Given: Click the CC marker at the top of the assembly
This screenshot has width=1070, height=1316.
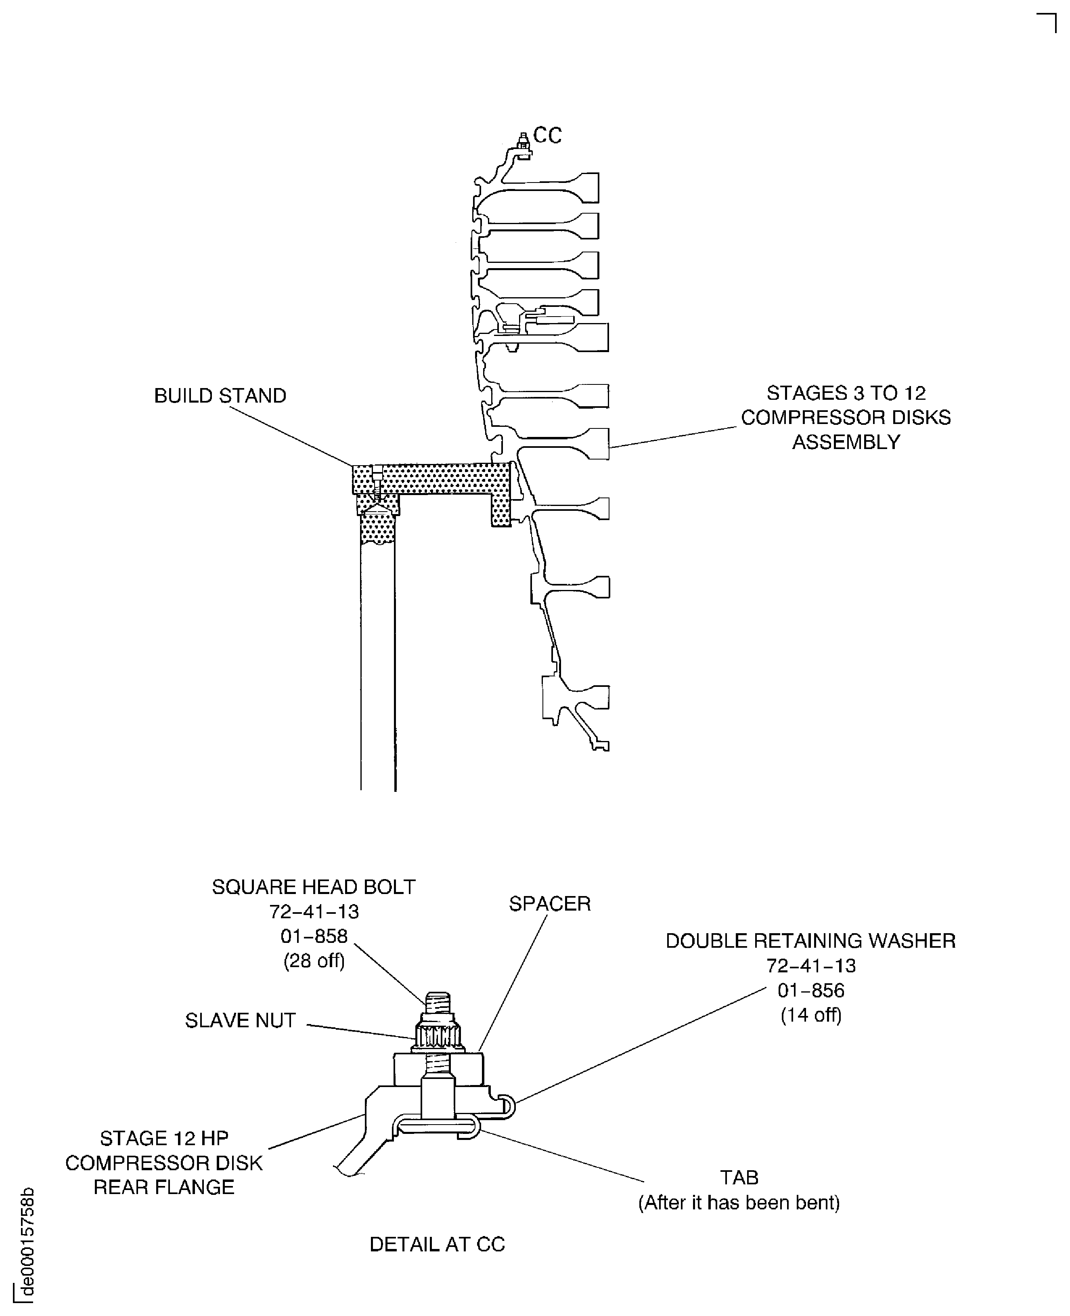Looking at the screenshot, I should [547, 135].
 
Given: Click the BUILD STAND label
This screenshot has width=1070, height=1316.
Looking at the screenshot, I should [220, 395].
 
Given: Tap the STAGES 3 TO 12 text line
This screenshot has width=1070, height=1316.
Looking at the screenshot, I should [846, 393].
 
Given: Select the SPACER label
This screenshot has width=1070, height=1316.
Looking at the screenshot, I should [549, 903].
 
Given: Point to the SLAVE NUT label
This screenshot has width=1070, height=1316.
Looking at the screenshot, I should [241, 1020].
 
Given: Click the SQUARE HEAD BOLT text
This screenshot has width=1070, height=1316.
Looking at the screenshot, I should [313, 887].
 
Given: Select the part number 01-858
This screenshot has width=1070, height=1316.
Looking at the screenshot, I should [314, 936].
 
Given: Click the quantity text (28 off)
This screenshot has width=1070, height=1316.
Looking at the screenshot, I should [314, 961].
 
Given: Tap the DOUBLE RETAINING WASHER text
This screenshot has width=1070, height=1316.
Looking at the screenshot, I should [810, 940].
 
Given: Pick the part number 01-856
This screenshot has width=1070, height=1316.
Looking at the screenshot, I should [810, 991].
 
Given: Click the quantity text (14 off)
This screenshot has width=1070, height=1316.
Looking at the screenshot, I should [810, 1015].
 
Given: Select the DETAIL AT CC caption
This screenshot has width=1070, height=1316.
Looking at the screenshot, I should [437, 1245].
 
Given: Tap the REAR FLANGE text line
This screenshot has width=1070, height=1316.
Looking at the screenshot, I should [164, 1187].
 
